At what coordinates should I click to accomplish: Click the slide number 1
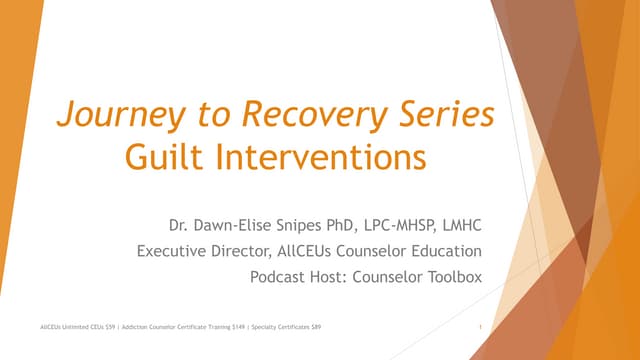481,328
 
